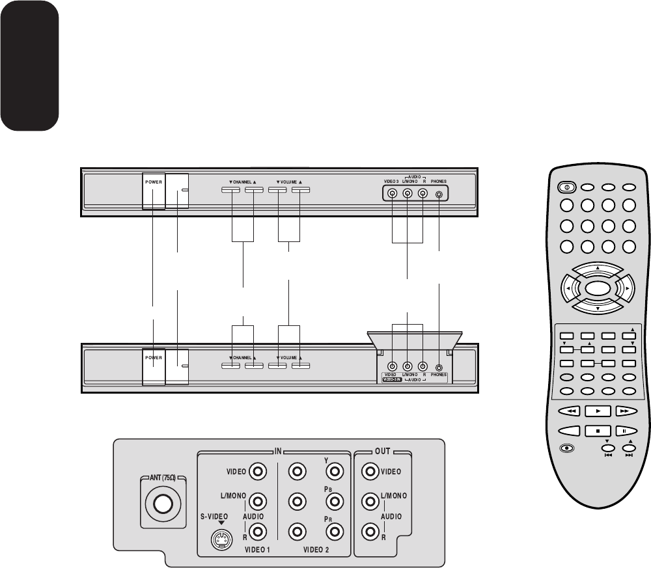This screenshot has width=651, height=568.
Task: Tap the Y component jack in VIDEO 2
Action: click(335, 470)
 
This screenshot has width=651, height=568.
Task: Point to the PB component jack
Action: click(335, 502)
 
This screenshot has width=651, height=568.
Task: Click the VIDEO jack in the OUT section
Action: click(371, 470)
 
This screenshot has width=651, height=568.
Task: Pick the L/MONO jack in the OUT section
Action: click(371, 502)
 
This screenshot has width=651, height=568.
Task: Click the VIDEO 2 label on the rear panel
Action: click(316, 550)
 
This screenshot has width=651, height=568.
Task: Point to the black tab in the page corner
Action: click(29, 65)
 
